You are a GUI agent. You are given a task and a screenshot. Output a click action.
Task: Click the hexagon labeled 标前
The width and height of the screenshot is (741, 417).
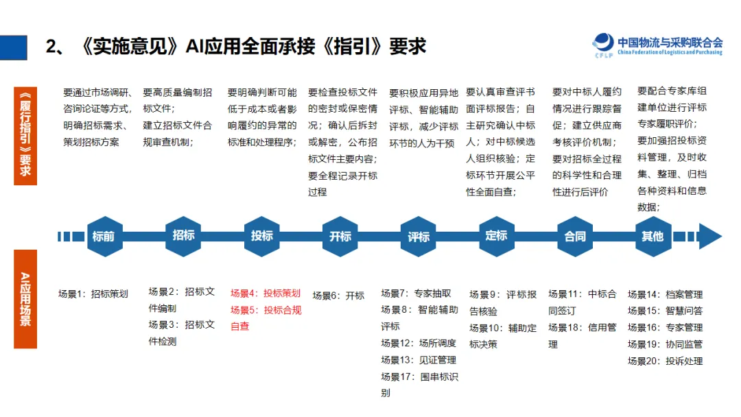pos(104,237)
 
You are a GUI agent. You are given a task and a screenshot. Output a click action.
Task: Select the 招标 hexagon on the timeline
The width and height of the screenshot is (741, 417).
pos(183,236)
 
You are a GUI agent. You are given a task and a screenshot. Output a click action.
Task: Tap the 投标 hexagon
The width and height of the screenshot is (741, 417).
pos(262,236)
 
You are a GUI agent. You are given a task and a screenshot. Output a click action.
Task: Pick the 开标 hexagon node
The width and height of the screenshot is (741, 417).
pos(340,237)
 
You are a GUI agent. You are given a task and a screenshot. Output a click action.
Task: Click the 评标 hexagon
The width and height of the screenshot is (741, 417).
pos(419,237)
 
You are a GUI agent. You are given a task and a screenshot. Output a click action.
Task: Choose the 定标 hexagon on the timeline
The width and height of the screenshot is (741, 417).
pos(496,236)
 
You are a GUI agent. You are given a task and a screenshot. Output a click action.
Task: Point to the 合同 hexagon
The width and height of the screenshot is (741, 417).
pos(575,237)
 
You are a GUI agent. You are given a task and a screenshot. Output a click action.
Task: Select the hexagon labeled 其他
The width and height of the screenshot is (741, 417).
pos(652,237)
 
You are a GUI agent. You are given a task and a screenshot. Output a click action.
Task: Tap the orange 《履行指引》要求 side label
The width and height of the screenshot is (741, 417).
pos(25,135)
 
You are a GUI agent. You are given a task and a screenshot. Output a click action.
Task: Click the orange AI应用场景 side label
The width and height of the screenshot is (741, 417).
pos(25,299)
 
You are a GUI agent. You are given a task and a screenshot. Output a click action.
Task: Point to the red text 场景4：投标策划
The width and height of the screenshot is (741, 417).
pos(266,293)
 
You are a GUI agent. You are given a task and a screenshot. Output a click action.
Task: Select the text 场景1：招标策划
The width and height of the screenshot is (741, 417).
pos(93,294)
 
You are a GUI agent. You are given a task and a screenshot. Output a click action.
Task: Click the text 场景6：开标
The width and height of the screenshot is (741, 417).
pos(338,296)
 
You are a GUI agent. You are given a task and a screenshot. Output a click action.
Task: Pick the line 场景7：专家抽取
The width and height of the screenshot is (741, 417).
pos(416,293)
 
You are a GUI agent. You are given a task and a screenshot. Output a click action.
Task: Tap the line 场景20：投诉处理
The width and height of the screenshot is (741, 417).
pos(665,361)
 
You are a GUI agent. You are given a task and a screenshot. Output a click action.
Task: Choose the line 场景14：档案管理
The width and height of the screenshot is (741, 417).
pos(665,294)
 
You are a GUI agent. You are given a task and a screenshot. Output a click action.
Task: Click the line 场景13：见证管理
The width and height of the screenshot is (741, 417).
pos(419,359)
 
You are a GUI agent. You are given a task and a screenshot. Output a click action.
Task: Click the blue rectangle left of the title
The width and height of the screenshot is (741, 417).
pos(14,47)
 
